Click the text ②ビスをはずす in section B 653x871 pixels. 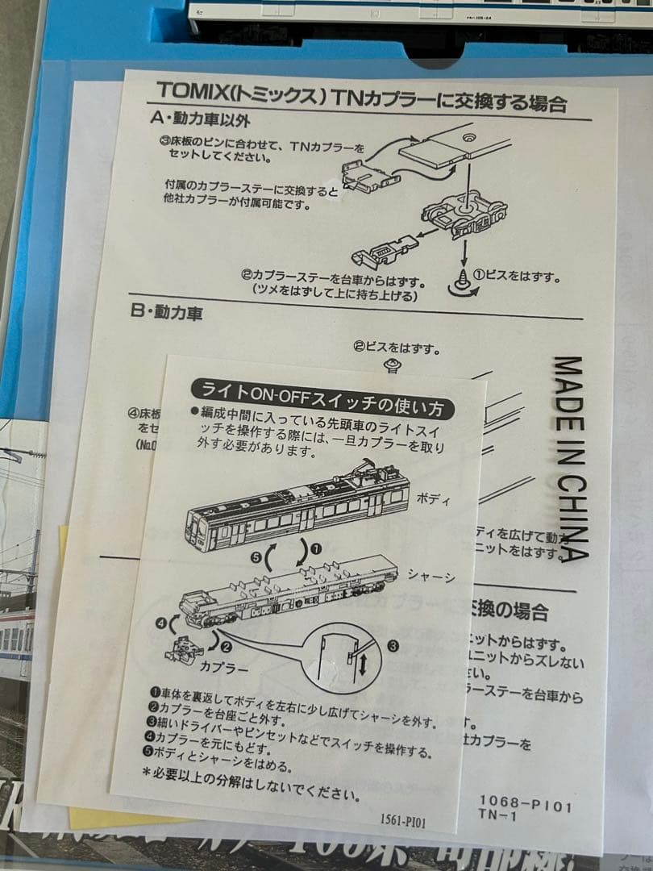tap(396, 349)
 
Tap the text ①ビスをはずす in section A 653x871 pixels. tap(515, 276)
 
